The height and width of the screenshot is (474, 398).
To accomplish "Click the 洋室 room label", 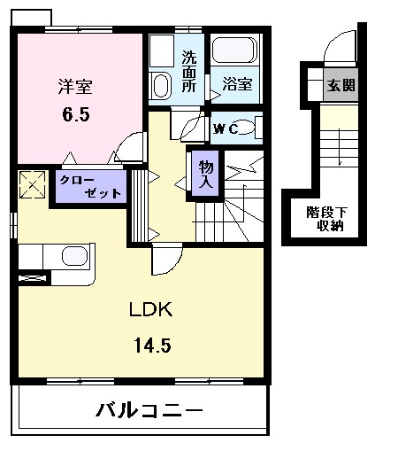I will click(x=75, y=88).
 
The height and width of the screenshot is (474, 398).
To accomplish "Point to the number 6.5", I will click(x=75, y=114).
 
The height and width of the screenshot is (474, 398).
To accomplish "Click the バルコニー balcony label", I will click(x=149, y=411).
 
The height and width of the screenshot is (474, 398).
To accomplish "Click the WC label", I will click(x=224, y=129).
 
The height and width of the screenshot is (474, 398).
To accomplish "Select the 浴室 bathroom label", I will click(x=237, y=85).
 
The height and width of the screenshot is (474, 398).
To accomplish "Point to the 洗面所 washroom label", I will click(x=189, y=73).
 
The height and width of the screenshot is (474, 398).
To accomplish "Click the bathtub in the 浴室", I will click(x=235, y=51).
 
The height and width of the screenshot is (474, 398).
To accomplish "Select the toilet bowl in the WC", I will click(x=249, y=129).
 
